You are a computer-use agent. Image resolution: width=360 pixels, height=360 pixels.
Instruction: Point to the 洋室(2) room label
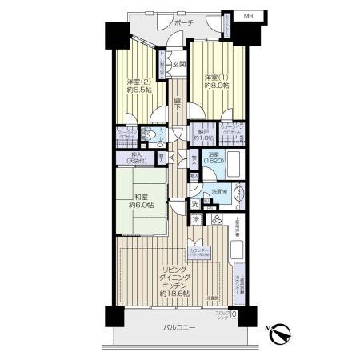pyautogui.click(x=137, y=81)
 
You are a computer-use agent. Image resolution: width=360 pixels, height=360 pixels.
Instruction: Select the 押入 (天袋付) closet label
pyautogui.click(x=133, y=159)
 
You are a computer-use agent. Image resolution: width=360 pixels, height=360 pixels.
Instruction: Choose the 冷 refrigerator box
pyautogui.click(x=195, y=218)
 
